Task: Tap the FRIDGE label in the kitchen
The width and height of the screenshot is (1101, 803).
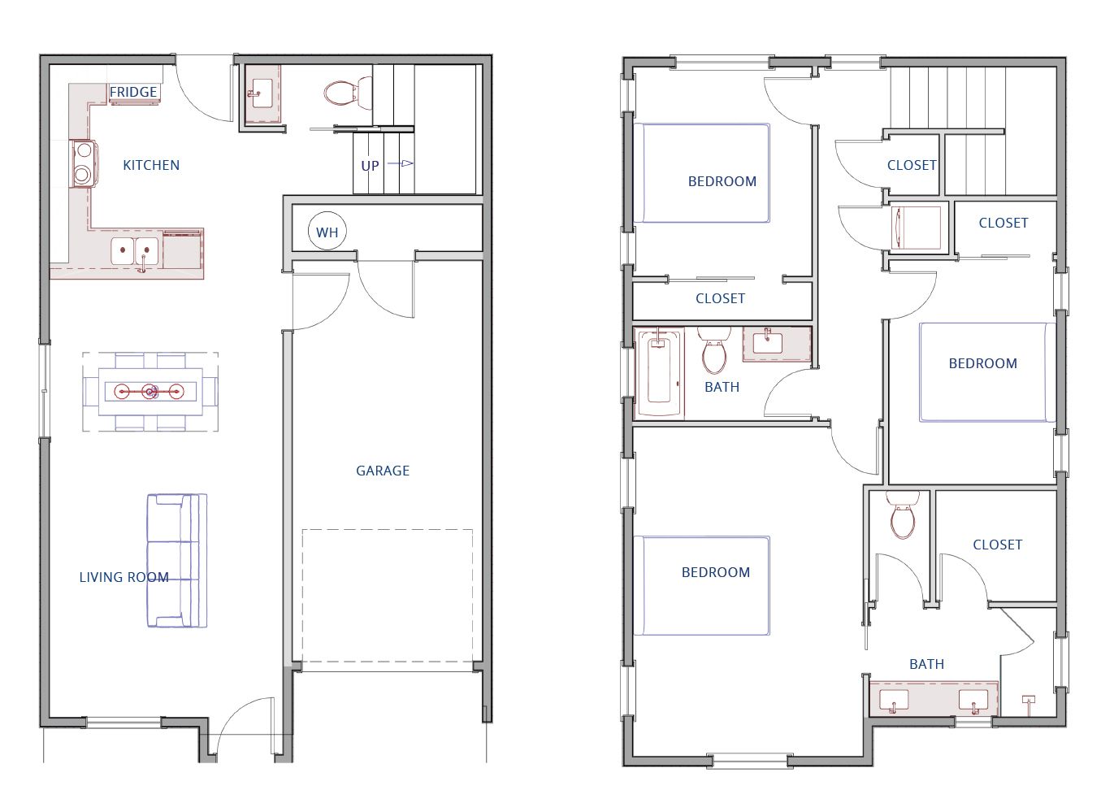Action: pyautogui.click(x=132, y=92)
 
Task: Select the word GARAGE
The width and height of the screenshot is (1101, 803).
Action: pyautogui.click(x=383, y=471)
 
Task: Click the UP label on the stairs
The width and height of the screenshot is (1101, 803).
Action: pyautogui.click(x=370, y=166)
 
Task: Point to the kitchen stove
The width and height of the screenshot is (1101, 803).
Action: pyautogui.click(x=84, y=163)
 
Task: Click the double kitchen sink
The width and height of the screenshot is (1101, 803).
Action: pyautogui.click(x=135, y=251)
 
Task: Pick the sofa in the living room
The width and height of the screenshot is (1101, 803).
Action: pyautogui.click(x=177, y=561)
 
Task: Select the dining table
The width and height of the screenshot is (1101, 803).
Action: pyautogui.click(x=150, y=392)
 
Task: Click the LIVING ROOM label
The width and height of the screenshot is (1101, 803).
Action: pyautogui.click(x=124, y=577)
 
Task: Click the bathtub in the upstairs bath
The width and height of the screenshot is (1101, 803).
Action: pyautogui.click(x=659, y=373)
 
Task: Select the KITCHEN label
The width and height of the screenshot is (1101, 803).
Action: pyautogui.click(x=151, y=165)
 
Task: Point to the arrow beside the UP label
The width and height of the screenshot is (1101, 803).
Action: pyautogui.click(x=401, y=163)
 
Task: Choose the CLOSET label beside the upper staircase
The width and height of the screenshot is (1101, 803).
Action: pyautogui.click(x=912, y=165)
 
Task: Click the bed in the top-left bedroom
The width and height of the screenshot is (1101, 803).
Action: pyautogui.click(x=702, y=173)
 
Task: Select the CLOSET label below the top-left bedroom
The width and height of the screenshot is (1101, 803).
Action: pyautogui.click(x=720, y=298)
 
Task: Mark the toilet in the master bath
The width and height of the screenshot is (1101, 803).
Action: pyautogui.click(x=903, y=514)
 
